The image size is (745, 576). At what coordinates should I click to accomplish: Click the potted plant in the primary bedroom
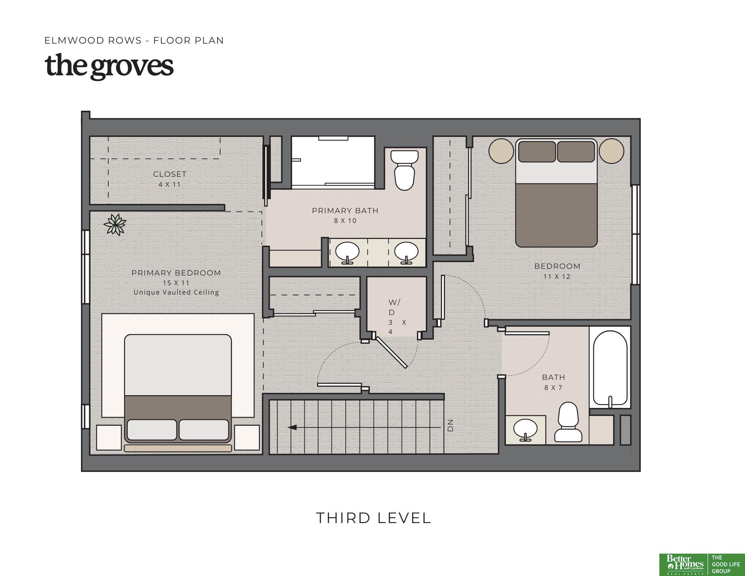pyautogui.click(x=115, y=224)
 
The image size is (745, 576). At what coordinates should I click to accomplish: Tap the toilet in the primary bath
pyautogui.click(x=404, y=170)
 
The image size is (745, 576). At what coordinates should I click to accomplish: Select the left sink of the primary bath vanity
pyautogui.click(x=347, y=252)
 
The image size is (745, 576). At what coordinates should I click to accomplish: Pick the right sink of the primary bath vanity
pyautogui.click(x=406, y=252)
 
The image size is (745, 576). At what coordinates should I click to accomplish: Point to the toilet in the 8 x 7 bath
pyautogui.click(x=568, y=422)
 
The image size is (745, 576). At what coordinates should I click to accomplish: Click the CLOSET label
pyautogui.click(x=169, y=174)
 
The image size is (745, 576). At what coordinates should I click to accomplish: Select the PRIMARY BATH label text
pyautogui.click(x=345, y=211)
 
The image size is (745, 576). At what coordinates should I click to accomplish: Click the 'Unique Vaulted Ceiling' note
pyautogui.click(x=176, y=292)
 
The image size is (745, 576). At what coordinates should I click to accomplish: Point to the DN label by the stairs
pyautogui.click(x=450, y=425)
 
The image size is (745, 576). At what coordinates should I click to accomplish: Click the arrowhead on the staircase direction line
pyautogui.click(x=292, y=427)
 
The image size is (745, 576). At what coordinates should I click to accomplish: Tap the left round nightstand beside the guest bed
pyautogui.click(x=501, y=151)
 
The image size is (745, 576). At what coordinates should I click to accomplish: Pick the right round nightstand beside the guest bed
pyautogui.click(x=611, y=151)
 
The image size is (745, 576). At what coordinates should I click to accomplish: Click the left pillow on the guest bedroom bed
pyautogui.click(x=537, y=152)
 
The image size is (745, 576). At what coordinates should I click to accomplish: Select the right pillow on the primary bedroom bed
pyautogui.click(x=204, y=430)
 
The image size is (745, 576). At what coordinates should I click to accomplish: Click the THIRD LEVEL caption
pyautogui.click(x=374, y=518)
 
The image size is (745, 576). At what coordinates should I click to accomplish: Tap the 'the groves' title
pyautogui.click(x=109, y=66)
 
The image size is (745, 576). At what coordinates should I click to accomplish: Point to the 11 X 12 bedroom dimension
pyautogui.click(x=557, y=277)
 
